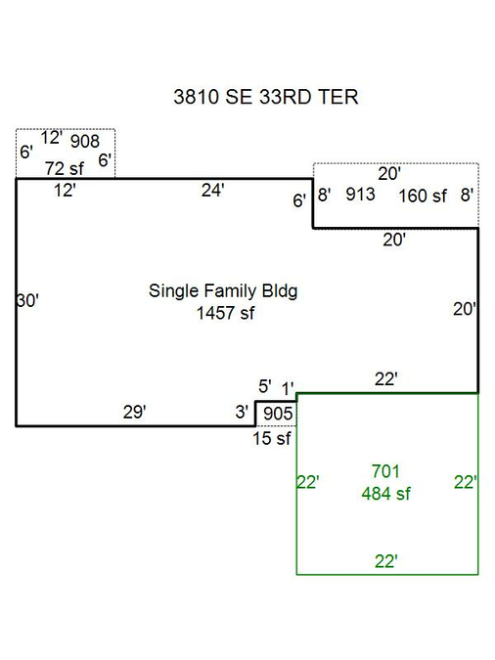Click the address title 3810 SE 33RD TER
click(x=266, y=97)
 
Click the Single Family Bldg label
click(x=223, y=291)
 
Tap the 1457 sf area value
click(x=225, y=313)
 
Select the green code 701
click(x=385, y=471)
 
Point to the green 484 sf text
click(x=385, y=494)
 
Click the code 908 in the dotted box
click(x=85, y=141)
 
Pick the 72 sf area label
click(x=65, y=169)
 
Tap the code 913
click(x=360, y=194)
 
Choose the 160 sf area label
click(x=423, y=196)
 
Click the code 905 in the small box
click(x=278, y=414)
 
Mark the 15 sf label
click(x=272, y=438)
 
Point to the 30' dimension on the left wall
click(x=27, y=300)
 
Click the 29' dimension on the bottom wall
click(x=134, y=412)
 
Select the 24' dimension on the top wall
click(x=212, y=191)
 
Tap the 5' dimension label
click(x=264, y=386)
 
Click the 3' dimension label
click(x=242, y=412)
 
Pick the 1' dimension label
click(x=288, y=389)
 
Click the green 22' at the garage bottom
click(x=385, y=561)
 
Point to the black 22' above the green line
click(x=385, y=379)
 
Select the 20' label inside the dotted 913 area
click(x=389, y=173)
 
